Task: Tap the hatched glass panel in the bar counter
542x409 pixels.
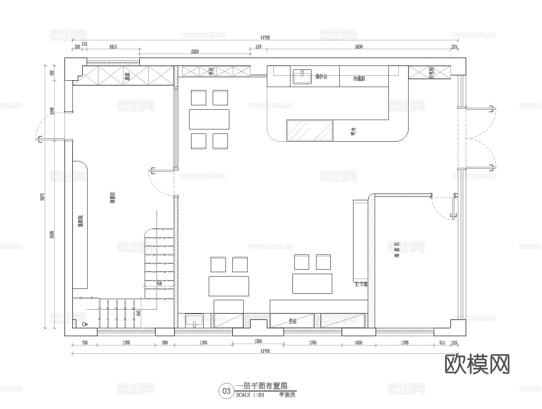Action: coord(310,130)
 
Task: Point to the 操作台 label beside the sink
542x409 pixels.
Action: coord(321,77)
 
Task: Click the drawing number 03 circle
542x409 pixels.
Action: coord(226,391)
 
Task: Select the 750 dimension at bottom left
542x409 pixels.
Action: coord(85,343)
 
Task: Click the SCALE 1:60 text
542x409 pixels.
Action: coord(250,395)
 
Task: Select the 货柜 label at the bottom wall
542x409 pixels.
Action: coord(292,321)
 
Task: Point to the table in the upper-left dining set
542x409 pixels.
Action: coord(209,119)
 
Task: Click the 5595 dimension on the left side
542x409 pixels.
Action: coord(52,234)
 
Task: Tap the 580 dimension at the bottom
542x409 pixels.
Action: coord(165,343)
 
